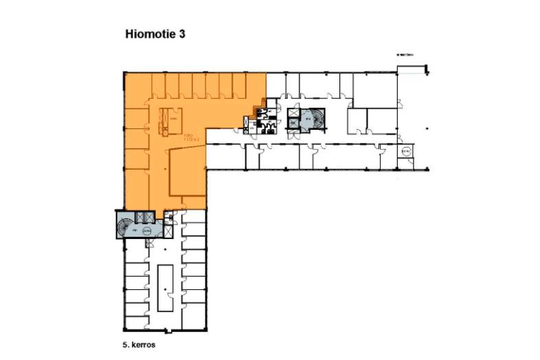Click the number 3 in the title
[182, 32]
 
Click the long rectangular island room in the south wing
[166, 286]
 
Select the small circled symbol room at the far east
[405, 152]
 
